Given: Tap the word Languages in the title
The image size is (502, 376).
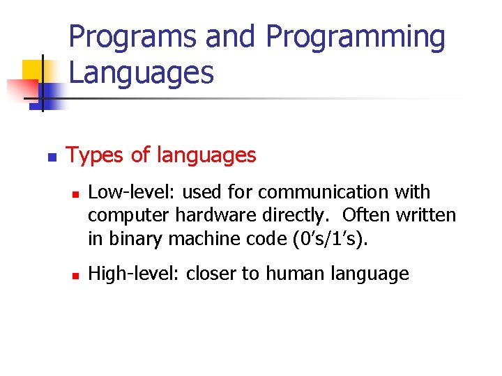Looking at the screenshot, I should (x=142, y=72).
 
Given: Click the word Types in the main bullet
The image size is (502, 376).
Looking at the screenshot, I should (x=96, y=155).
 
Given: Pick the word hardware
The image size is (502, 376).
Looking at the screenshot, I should (x=227, y=216).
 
